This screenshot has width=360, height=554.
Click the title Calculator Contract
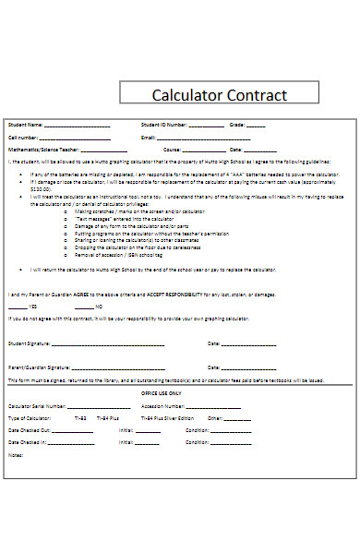(220, 95)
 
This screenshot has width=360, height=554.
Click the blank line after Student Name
(78, 126)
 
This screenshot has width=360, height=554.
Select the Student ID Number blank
(206, 126)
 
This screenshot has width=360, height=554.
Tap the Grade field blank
(256, 126)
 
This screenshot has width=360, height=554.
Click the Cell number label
(24, 137)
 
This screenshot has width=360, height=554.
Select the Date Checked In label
(29, 442)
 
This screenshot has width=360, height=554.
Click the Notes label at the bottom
(15, 454)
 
